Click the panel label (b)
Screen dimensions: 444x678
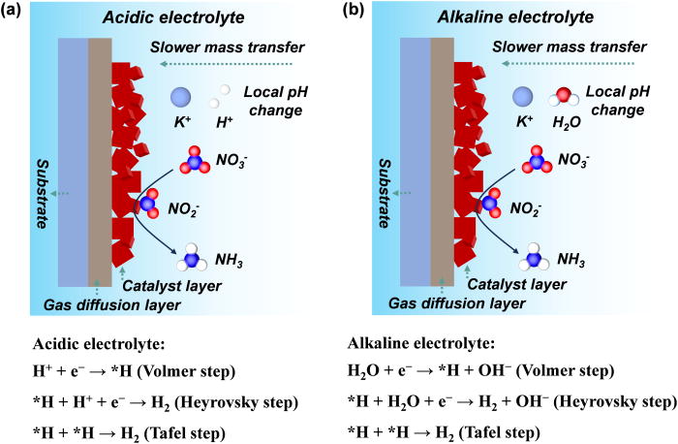(x=354, y=12)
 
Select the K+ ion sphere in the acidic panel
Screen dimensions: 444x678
(x=181, y=96)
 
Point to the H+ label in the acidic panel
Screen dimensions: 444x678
(x=226, y=125)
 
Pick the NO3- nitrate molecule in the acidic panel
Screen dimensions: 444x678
(x=196, y=159)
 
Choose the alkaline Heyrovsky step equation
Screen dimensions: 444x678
(x=508, y=401)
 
